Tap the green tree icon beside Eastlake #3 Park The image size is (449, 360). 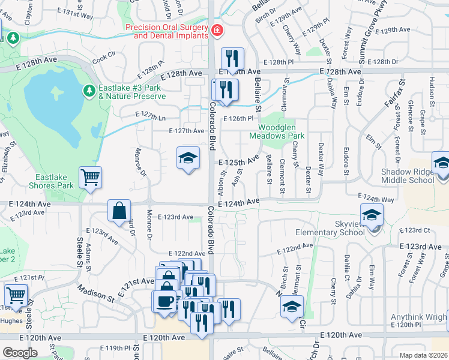(x=89, y=90)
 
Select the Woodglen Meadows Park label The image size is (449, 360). (x=282, y=131)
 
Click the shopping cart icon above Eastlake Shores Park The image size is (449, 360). (x=91, y=177)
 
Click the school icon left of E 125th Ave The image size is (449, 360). (x=188, y=158)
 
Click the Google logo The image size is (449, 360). (x=20, y=353)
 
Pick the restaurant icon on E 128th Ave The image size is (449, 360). (x=232, y=59)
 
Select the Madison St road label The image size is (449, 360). (x=95, y=293)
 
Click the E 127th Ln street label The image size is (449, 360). (x=152, y=118)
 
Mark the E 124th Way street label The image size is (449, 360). (x=376, y=199)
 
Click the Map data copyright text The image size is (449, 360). (x=423, y=355)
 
